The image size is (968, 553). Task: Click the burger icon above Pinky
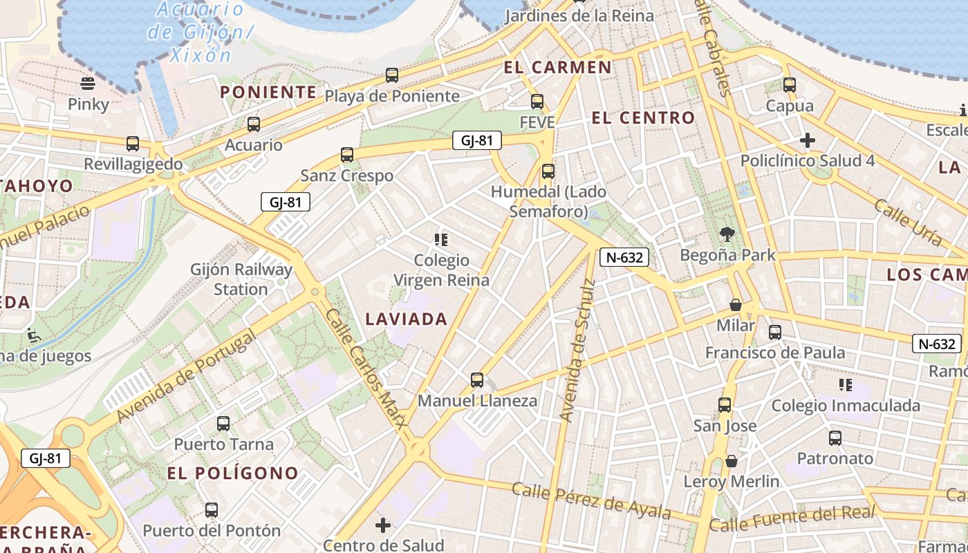(88, 84)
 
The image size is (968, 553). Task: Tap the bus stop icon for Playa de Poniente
(392, 75)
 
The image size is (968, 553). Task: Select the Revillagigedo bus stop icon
(133, 144)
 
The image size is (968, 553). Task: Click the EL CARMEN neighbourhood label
(558, 67)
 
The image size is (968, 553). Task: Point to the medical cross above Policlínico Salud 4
(807, 141)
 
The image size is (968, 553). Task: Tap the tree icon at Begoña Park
(727, 234)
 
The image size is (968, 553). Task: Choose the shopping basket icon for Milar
(736, 305)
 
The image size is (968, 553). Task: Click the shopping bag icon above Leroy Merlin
(732, 461)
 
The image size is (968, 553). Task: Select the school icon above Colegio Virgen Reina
(441, 240)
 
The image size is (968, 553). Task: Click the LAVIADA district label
(407, 319)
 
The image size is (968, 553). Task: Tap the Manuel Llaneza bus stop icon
(477, 379)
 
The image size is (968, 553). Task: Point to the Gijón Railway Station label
(241, 279)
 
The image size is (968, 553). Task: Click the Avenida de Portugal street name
(187, 376)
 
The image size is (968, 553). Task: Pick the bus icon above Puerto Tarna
(223, 424)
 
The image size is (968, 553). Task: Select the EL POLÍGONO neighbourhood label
(233, 474)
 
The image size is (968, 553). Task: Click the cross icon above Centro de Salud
(383, 525)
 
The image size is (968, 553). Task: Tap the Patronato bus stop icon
(835, 438)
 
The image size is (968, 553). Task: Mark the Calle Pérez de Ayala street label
(591, 500)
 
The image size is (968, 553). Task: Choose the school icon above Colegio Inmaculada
(845, 384)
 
